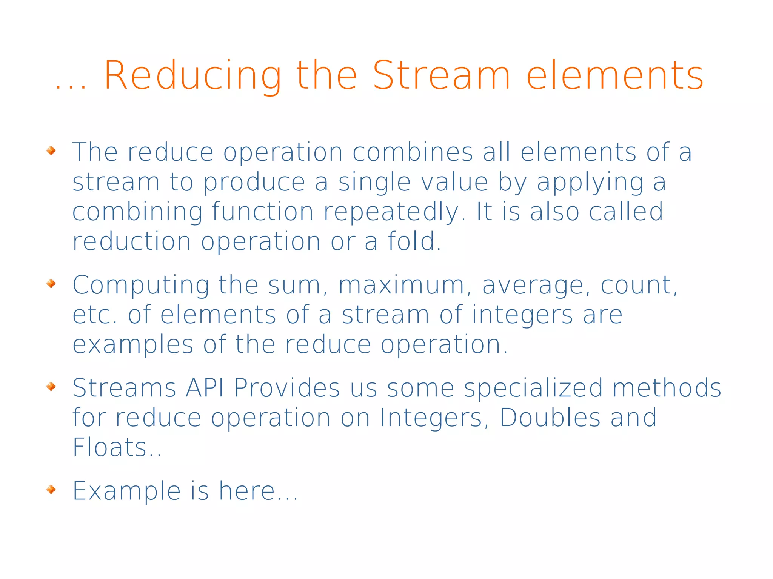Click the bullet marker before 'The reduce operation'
point(51,151)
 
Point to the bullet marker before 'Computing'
point(51,283)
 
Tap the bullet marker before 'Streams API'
point(51,386)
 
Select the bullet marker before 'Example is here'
point(51,490)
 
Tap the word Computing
point(141,285)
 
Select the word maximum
point(401,285)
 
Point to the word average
point(533,285)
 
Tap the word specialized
point(533,389)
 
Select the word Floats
point(109,447)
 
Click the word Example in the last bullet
point(126,491)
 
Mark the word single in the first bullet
point(374,183)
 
